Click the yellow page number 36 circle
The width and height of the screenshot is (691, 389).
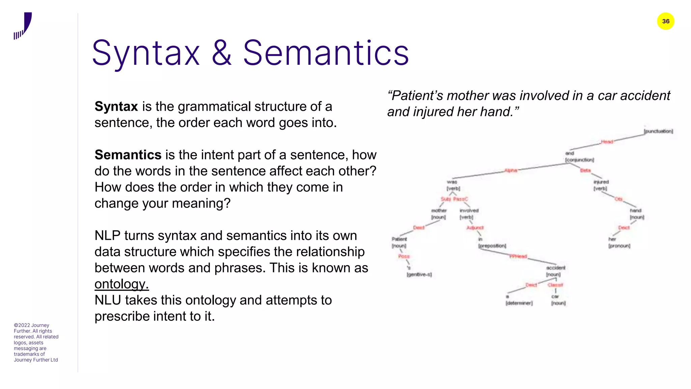(665, 21)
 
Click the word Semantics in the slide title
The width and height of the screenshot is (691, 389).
(326, 53)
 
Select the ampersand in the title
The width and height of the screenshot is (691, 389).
(222, 53)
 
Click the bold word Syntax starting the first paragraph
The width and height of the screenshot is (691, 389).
(116, 106)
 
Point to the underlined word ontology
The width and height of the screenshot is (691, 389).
(121, 284)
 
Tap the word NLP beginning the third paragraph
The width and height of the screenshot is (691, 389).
(107, 236)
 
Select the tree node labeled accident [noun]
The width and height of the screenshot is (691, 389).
(555, 271)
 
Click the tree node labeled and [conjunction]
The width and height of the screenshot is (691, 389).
(579, 157)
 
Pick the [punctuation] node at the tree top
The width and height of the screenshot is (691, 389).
(658, 131)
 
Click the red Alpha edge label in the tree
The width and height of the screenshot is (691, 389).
(511, 171)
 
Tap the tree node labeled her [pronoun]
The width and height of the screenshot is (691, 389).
(619, 242)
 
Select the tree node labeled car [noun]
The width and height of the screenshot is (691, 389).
(558, 300)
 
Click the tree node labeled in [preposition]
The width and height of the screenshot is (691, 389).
(492, 242)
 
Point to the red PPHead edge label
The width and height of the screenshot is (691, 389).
(518, 257)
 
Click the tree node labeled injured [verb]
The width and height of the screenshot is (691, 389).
(601, 185)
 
